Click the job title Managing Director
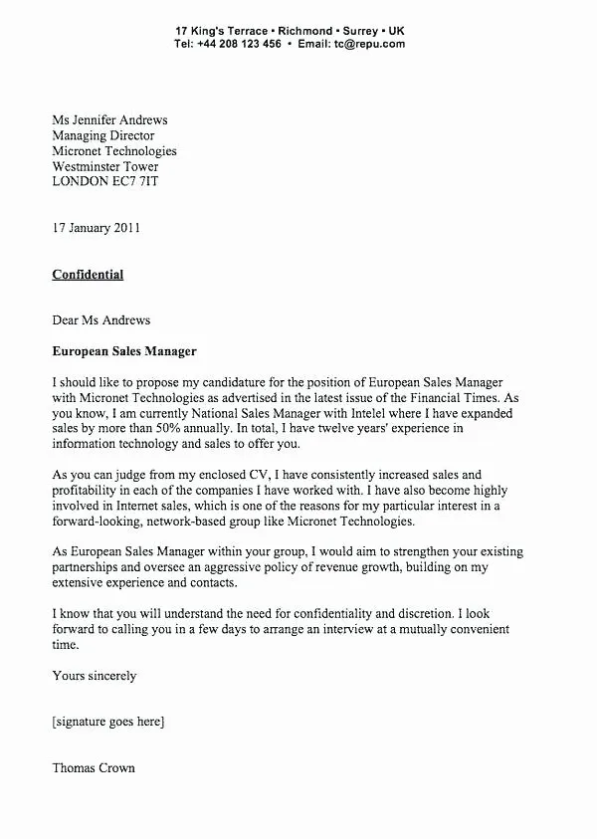pos(103,136)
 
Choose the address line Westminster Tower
pos(104,167)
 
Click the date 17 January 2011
pos(97,228)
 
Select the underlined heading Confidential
pos(88,275)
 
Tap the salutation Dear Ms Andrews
pos(101,320)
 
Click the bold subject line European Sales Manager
pos(124,351)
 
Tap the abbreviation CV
pos(228,475)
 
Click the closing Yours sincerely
pos(95,676)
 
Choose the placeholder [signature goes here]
pos(108,722)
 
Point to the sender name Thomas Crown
pos(94,767)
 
